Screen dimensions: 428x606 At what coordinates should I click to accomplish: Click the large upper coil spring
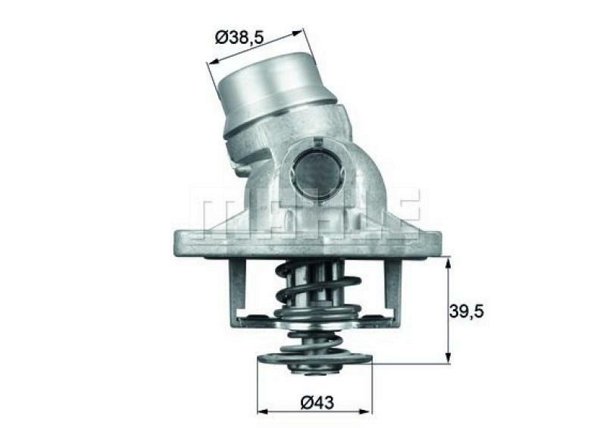pos(317,288)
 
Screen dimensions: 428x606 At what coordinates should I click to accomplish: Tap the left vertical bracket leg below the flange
pos(237,292)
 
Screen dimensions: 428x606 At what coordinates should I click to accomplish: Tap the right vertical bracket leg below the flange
pos(393,292)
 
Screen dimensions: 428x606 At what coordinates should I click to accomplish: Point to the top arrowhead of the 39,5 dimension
pos(448,262)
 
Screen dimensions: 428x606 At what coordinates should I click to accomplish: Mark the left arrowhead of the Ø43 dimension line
pos(262,411)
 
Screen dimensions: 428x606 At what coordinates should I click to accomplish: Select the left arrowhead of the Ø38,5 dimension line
pos(211,63)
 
